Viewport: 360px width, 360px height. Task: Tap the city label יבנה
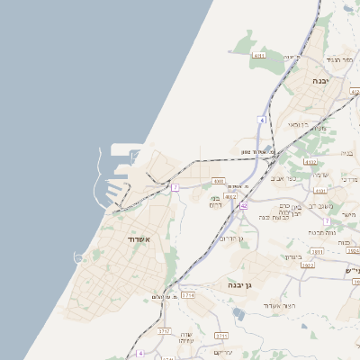pyautogui.click(x=319, y=80)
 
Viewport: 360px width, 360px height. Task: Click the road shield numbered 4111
pyautogui.click(x=259, y=56)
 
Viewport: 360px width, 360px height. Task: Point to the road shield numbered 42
pyautogui.click(x=243, y=205)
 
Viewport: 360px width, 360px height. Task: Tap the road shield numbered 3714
pyautogui.click(x=188, y=295)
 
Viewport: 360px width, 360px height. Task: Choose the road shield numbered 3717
pyautogui.click(x=165, y=331)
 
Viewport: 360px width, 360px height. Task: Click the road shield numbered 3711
pyautogui.click(x=221, y=336)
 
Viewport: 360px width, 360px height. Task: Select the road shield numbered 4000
pyautogui.click(x=219, y=181)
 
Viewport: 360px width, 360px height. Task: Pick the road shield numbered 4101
pyautogui.click(x=320, y=191)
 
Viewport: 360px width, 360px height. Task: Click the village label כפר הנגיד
pyautogui.click(x=322, y=59)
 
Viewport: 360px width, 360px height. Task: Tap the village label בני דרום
pyautogui.click(x=216, y=202)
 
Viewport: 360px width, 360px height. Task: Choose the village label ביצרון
pyautogui.click(x=293, y=256)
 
